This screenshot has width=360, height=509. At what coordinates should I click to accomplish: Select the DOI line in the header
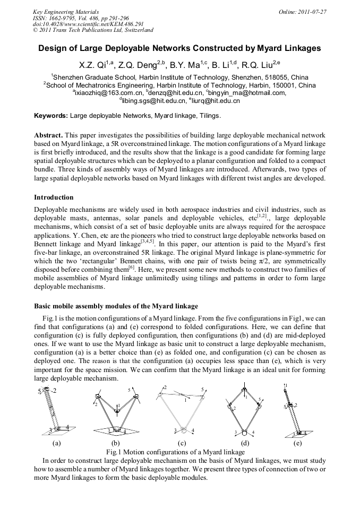88,24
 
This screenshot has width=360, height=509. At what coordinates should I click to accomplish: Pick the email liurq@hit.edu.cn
216,100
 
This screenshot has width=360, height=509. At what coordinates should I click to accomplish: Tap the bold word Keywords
51,115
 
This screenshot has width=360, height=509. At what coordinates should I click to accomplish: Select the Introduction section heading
54,197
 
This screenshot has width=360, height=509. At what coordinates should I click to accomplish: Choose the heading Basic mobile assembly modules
116,306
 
